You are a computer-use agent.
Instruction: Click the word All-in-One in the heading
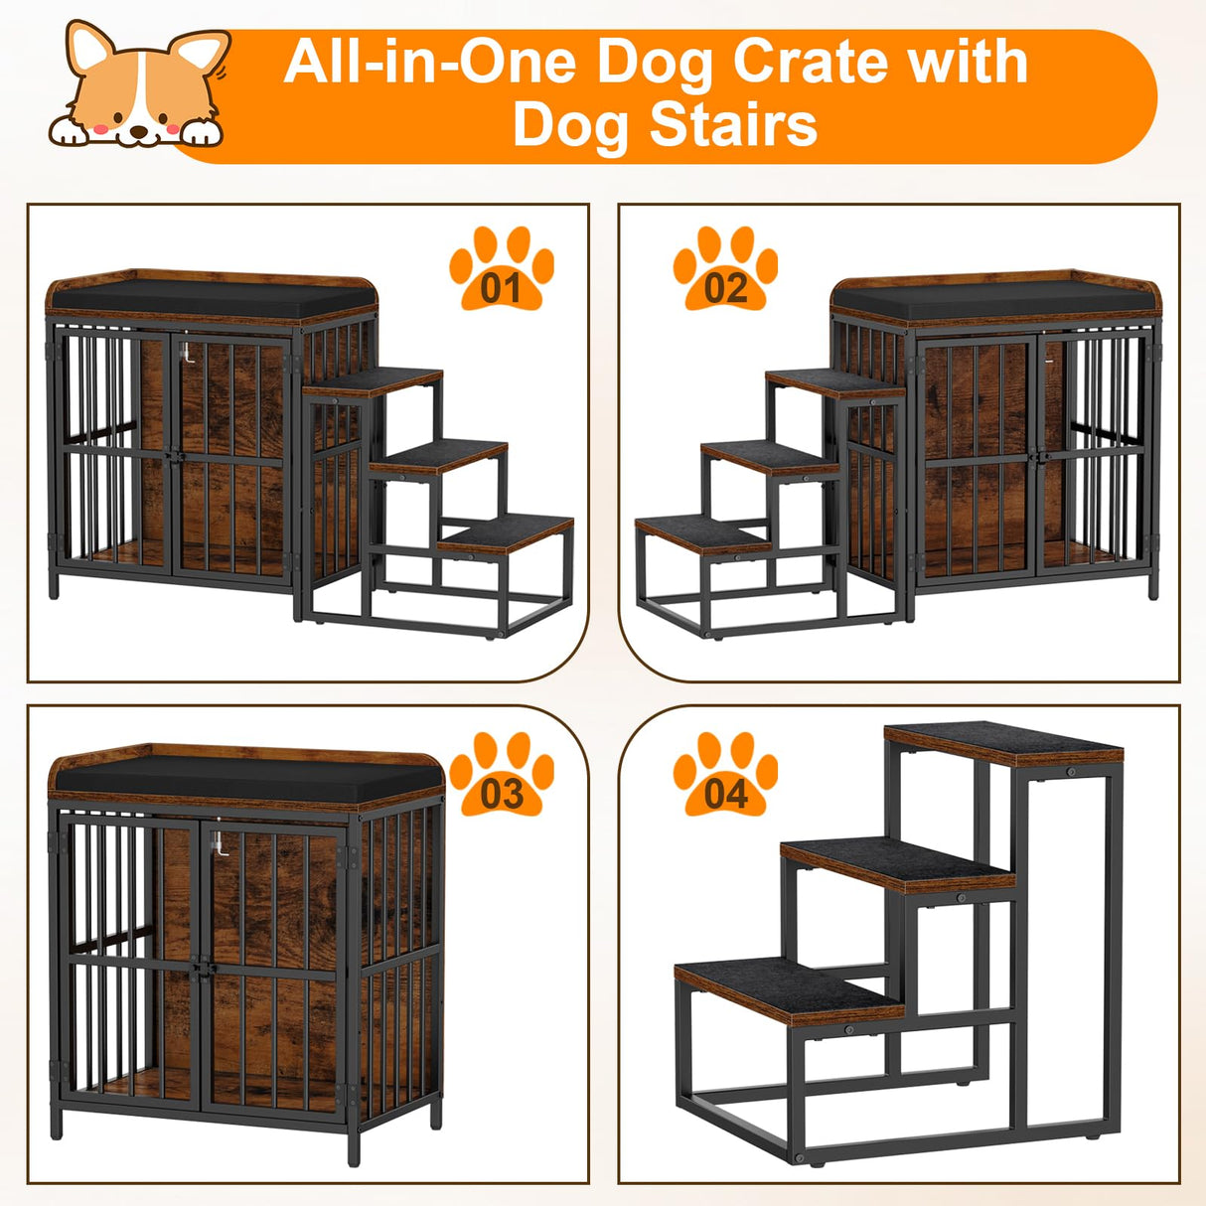coord(429,62)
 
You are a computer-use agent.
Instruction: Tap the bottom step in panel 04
coord(790,983)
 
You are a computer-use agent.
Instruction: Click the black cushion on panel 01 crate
coord(209,296)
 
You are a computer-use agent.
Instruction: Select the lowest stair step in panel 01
coord(507,532)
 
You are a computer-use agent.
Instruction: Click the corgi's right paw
coord(200,132)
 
